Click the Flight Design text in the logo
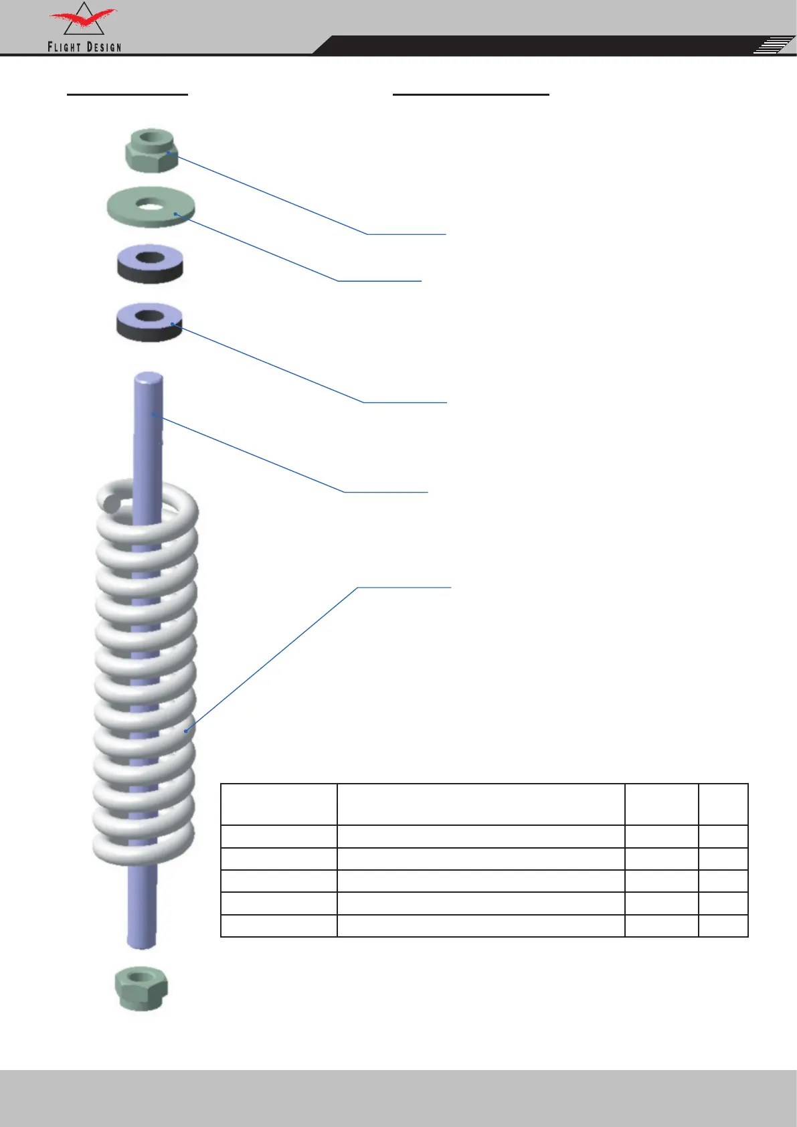(84, 47)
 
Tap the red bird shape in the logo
(84, 18)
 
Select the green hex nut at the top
(151, 150)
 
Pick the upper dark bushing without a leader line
(150, 264)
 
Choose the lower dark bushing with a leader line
(149, 323)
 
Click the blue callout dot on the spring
(186, 731)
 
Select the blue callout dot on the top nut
(169, 153)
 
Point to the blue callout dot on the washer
(175, 214)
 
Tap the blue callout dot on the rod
(154, 414)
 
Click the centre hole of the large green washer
(151, 204)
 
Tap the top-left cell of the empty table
(279, 804)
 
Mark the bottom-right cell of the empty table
(723, 926)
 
